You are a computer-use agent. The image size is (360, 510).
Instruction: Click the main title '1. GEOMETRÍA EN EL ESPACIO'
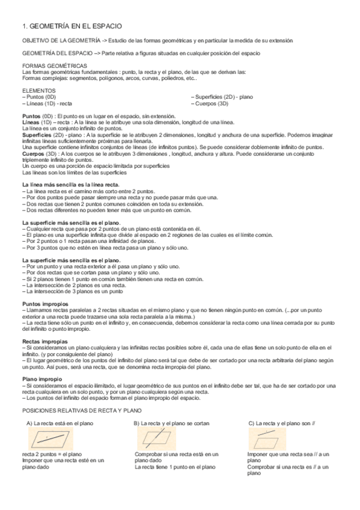pos(72,26)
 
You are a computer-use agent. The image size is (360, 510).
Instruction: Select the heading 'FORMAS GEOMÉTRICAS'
pos(54,66)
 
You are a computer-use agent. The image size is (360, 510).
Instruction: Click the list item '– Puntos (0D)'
pos(39,96)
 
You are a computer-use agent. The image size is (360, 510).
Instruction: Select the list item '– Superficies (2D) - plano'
pos(225,96)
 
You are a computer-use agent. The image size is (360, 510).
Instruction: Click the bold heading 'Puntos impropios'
pos(45,304)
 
